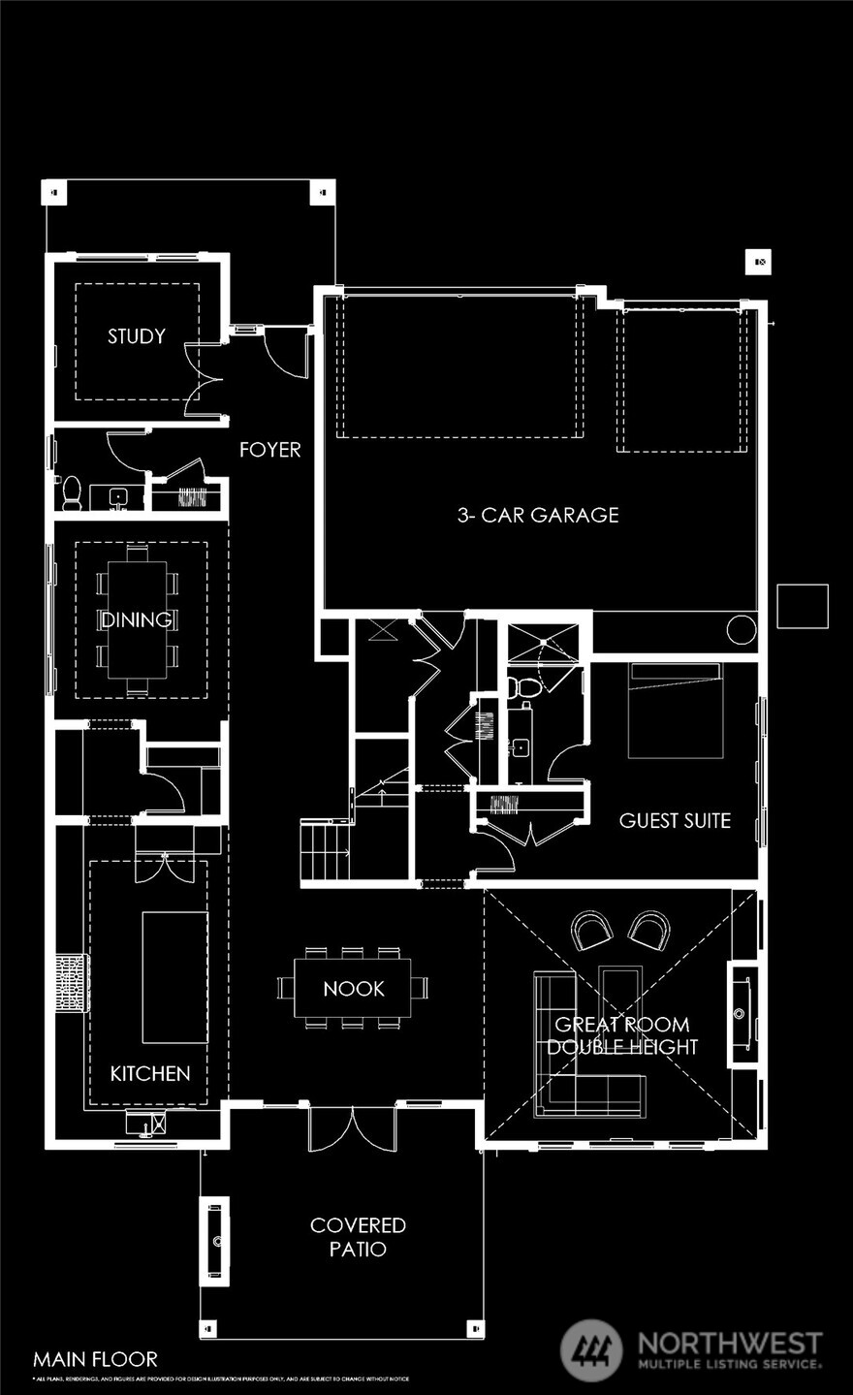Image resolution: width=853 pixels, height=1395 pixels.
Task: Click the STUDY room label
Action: pyautogui.click(x=136, y=336)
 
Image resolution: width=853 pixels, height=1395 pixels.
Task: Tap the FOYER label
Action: pyautogui.click(x=269, y=450)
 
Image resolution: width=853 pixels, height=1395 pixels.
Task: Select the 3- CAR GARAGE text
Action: pyautogui.click(x=538, y=515)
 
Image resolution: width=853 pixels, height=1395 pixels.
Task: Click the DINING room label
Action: pyautogui.click(x=137, y=619)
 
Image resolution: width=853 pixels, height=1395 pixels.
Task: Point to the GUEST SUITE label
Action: pyautogui.click(x=675, y=820)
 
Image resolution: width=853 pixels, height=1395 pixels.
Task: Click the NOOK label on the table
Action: pyautogui.click(x=353, y=989)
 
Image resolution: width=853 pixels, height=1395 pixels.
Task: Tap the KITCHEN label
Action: pyautogui.click(x=149, y=1073)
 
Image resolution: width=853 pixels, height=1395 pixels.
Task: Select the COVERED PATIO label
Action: pyautogui.click(x=358, y=1236)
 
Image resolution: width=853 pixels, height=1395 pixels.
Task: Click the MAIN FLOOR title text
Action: pyautogui.click(x=95, y=1359)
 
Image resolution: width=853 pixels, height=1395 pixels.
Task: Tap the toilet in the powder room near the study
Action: pyautogui.click(x=71, y=493)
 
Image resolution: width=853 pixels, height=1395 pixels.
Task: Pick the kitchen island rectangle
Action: pyautogui.click(x=174, y=976)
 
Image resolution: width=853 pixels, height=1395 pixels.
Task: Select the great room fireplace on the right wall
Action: pyautogui.click(x=742, y=1014)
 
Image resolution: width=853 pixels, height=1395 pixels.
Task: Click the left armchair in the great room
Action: pyautogui.click(x=591, y=931)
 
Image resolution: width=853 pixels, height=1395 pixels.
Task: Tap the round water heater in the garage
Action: pyautogui.click(x=741, y=629)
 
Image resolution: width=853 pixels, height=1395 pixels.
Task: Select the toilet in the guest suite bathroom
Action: pyautogui.click(x=526, y=687)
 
